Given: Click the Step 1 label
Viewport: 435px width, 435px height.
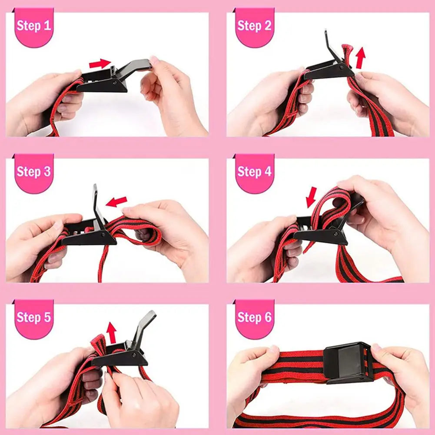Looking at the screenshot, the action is [34, 26].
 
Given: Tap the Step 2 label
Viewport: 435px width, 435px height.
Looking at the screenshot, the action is [254, 26].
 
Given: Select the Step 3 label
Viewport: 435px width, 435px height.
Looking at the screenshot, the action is [34, 172].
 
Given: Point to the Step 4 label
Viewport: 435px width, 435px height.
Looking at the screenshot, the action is [254, 172].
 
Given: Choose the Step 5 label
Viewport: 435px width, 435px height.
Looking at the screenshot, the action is [34, 317].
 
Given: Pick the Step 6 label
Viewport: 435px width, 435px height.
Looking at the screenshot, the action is [254, 317].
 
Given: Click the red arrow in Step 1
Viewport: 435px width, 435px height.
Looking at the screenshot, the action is [100, 63].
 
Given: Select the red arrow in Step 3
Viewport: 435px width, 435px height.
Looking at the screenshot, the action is [116, 202].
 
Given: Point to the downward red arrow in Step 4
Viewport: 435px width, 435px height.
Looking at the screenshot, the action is [312, 197].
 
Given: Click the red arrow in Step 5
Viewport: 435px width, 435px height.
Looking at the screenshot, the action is [112, 332].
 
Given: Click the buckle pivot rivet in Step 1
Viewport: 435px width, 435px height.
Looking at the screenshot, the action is [114, 82].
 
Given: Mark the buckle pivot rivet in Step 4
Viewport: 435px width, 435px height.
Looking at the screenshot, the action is [336, 234].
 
